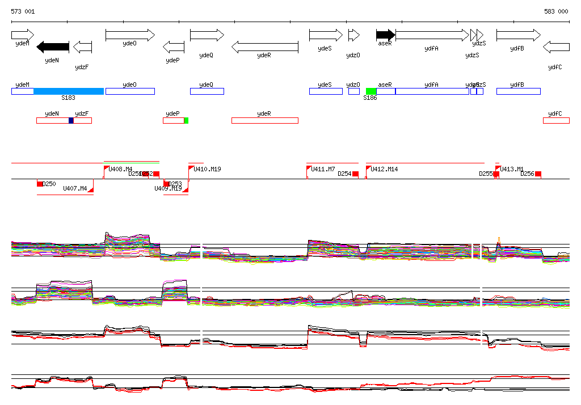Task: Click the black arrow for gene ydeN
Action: (53, 47)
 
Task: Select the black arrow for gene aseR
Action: (385, 35)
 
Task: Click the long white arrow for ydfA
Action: (432, 35)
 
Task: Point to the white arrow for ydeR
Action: (264, 47)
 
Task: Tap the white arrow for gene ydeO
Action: (130, 35)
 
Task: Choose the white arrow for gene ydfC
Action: (556, 47)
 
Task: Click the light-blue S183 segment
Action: (69, 91)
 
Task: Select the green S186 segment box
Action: (371, 91)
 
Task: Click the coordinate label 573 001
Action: (23, 11)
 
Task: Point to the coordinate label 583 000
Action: (556, 11)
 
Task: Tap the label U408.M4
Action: (120, 169)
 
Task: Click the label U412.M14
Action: (384, 169)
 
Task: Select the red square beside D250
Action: (40, 184)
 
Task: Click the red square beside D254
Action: (356, 174)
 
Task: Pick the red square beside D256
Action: (538, 174)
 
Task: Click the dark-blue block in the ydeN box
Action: (71, 120)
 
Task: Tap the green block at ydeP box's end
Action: (186, 120)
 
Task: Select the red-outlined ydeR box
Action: (264, 120)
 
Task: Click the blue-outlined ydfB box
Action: (518, 91)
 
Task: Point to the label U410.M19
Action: (207, 169)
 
